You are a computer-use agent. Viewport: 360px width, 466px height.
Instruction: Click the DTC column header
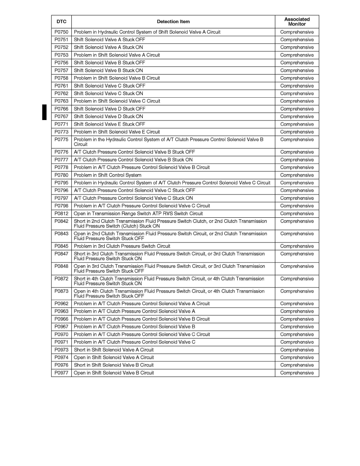[x=61, y=22]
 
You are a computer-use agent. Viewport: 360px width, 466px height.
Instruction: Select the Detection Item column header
[x=173, y=22]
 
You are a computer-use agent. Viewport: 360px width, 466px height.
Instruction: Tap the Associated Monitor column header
[x=297, y=22]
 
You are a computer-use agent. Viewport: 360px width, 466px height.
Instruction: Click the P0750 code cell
[x=61, y=32]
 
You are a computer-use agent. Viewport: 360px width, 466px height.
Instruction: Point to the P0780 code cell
[x=61, y=175]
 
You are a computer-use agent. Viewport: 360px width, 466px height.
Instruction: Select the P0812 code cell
[x=61, y=214]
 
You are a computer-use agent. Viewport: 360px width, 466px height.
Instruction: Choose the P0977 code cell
[x=61, y=373]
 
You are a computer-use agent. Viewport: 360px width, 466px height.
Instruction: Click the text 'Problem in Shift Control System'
[x=107, y=175]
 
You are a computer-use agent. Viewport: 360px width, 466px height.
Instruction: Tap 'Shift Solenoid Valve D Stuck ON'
[x=108, y=116]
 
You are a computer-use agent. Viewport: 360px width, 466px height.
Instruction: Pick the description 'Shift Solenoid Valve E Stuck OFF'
[x=109, y=124]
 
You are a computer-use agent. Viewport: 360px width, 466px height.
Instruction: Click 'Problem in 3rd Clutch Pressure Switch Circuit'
[x=122, y=246]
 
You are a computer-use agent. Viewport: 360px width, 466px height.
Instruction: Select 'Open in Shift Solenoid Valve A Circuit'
[x=114, y=358]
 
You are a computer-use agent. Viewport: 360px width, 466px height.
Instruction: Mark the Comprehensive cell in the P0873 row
[x=297, y=291]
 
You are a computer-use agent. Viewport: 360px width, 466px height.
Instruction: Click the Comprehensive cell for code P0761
[x=297, y=86]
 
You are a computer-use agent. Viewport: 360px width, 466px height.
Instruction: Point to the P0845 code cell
[x=61, y=246]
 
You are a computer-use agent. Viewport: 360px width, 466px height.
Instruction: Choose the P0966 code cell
[x=61, y=319]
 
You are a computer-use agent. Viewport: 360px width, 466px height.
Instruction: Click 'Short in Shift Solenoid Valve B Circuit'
[x=114, y=365]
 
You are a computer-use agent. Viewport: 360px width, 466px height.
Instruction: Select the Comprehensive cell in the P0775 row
[x=297, y=140]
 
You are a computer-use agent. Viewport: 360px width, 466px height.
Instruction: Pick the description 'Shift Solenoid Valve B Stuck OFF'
[x=109, y=63]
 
